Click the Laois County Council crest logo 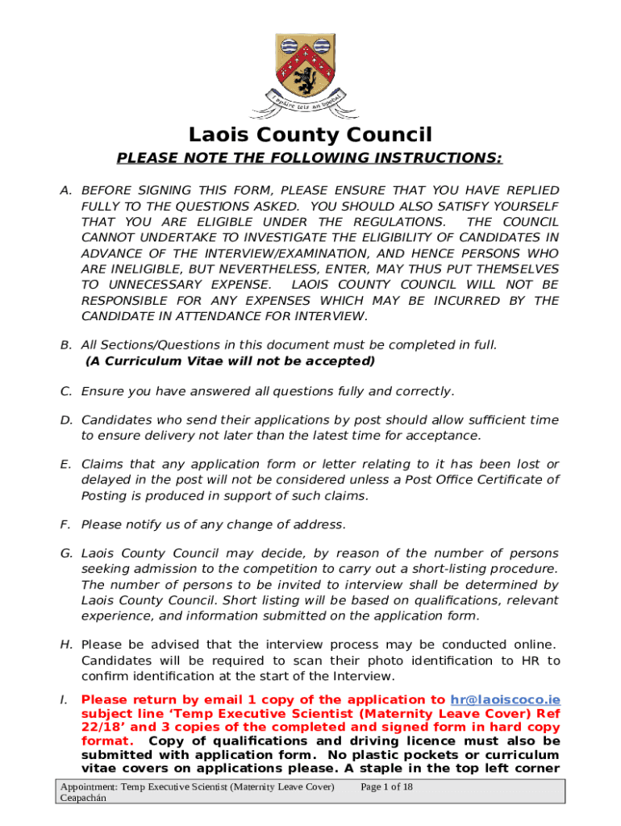(x=310, y=73)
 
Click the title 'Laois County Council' (x=310, y=135)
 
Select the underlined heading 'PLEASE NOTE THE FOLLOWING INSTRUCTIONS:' (x=310, y=157)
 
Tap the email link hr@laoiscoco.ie (x=505, y=700)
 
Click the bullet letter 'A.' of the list (x=67, y=190)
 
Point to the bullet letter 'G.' (x=67, y=553)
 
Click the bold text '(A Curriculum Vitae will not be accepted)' (x=230, y=361)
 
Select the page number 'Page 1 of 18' (x=387, y=786)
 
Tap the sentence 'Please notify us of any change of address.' (x=214, y=525)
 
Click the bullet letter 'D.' (x=67, y=420)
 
